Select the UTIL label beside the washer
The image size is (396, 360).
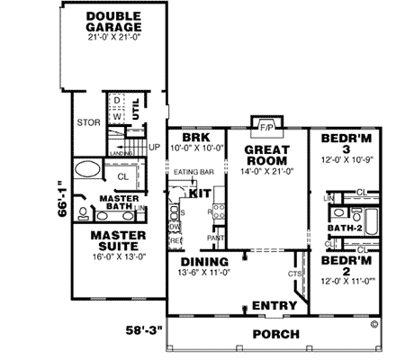click(136, 107)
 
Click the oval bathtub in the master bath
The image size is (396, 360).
click(88, 168)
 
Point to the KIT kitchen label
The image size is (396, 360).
click(201, 193)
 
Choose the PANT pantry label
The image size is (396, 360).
click(216, 237)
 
